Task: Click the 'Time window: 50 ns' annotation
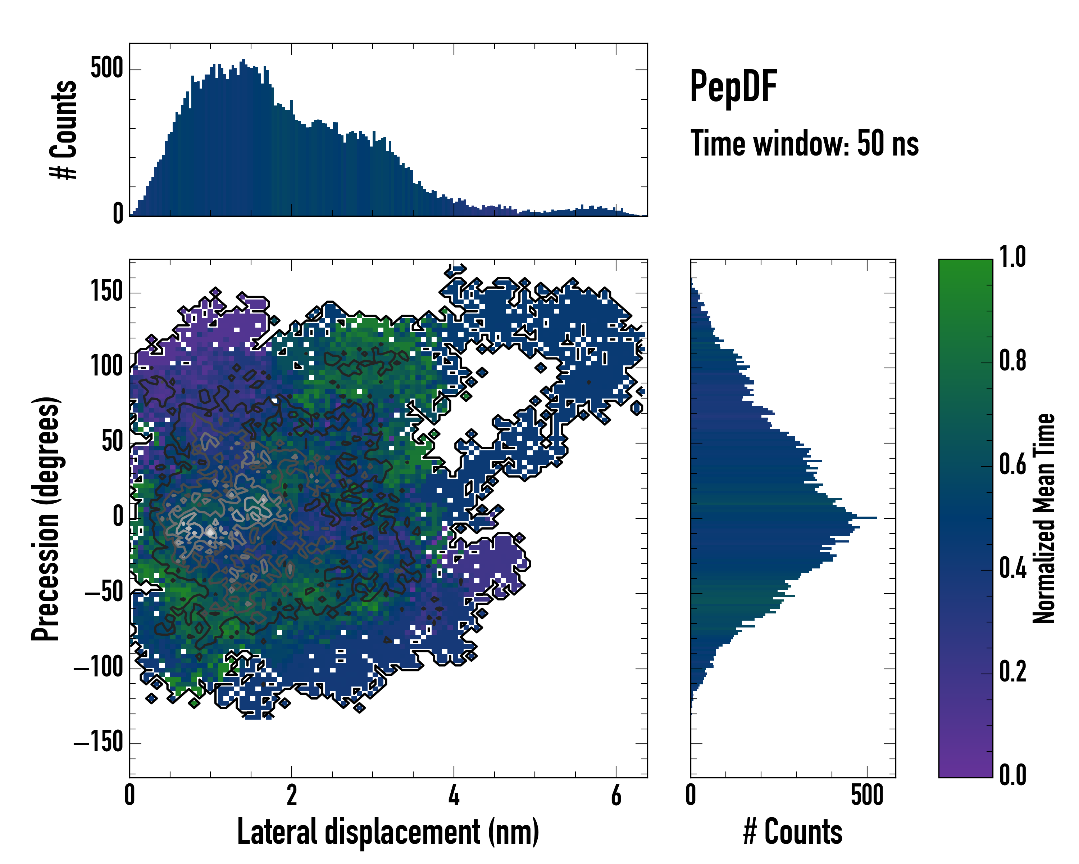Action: (804, 143)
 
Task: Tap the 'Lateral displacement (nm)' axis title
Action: (388, 832)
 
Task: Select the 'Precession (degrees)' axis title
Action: (46, 518)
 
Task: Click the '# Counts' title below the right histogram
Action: (793, 832)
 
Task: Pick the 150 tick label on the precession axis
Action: (106, 292)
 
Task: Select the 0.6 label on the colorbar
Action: (1012, 465)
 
